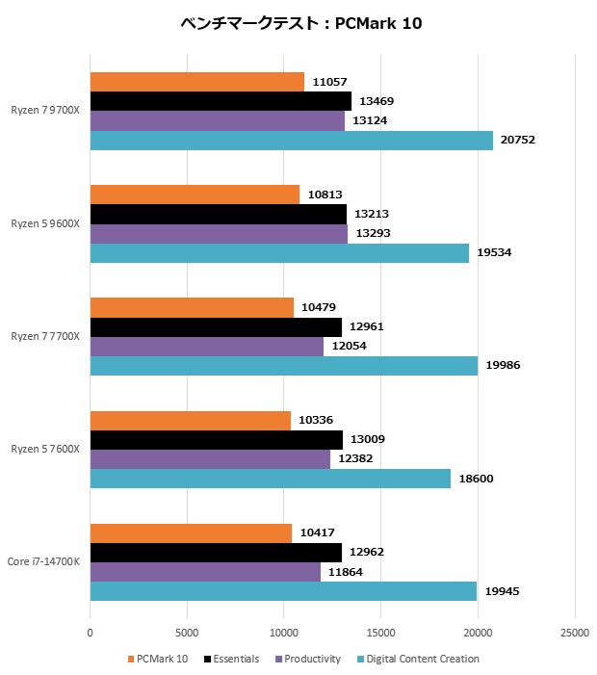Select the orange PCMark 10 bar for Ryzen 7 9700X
196,82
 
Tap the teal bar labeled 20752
291,141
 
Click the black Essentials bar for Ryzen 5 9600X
218,214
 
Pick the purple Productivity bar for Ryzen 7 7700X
206,347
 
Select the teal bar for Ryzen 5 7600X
270,479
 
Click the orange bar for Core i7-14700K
191,532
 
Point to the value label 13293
375,233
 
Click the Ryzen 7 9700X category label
46,112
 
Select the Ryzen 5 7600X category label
46,450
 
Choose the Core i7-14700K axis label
44,562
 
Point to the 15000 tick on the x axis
381,634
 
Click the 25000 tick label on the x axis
575,634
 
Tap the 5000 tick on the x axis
187,634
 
